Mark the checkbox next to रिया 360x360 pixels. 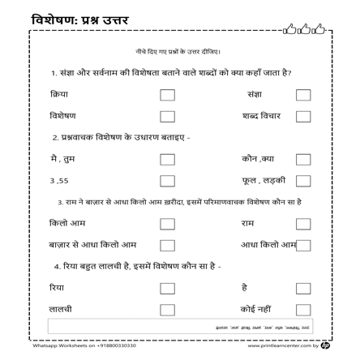click(x=167, y=287)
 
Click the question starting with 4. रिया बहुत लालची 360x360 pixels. click(x=136, y=266)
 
